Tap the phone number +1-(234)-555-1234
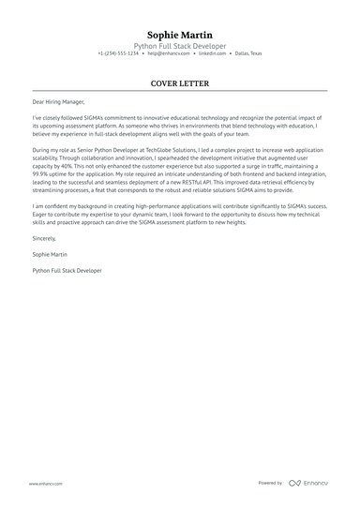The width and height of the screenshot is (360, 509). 118,53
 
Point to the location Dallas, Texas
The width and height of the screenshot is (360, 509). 248,53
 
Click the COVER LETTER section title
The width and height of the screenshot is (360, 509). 179,83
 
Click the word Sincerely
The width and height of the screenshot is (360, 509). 44,239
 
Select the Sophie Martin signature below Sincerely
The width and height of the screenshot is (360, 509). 50,254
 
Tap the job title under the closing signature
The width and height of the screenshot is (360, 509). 67,269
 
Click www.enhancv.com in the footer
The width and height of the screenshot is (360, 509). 46,483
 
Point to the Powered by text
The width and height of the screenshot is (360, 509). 270,483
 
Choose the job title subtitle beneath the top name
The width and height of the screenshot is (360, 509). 179,45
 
